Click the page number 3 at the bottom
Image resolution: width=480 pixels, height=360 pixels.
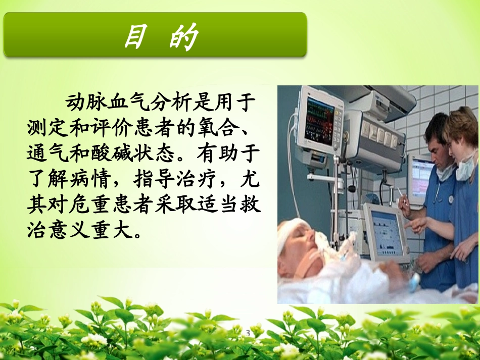coord(248,333)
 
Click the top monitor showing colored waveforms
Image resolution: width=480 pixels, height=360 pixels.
coord(320,117)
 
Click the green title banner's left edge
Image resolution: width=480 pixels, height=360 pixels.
coord(6,35)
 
